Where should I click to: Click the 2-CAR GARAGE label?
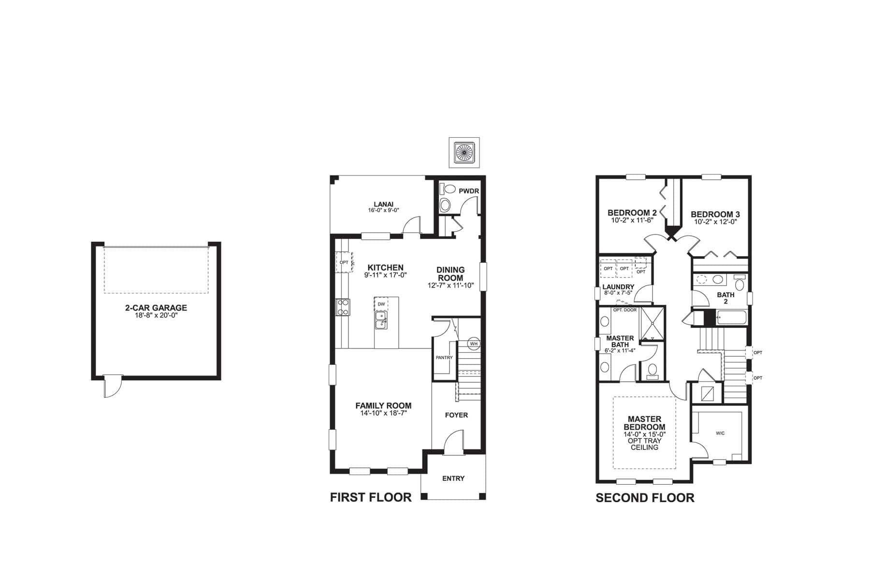(156, 308)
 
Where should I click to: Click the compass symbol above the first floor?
(463, 153)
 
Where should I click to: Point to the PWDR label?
(468, 191)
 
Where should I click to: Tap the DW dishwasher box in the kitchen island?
(381, 304)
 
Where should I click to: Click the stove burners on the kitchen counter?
(343, 307)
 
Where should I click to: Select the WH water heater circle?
(474, 344)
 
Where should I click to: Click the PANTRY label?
(444, 358)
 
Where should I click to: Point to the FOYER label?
(456, 415)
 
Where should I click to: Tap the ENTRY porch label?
(453, 478)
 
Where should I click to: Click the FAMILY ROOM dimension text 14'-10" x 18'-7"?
(383, 414)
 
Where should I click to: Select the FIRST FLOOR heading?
(371, 497)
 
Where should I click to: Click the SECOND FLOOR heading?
(645, 498)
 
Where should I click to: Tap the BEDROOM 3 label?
(715, 214)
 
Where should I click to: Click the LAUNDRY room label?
(618, 287)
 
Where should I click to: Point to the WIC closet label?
(720, 433)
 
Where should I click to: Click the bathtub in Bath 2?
(731, 318)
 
